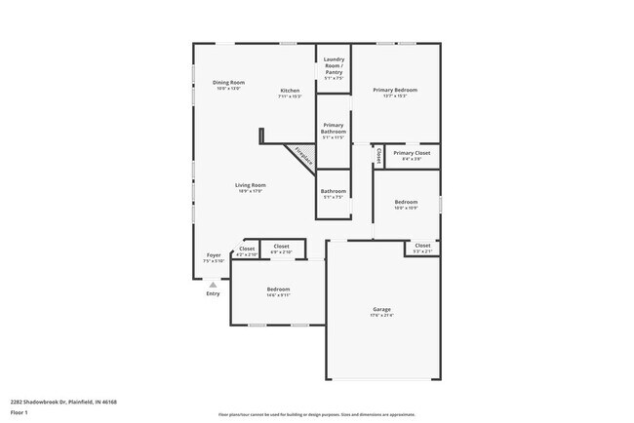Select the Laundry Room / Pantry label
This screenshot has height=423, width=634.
tap(334, 67)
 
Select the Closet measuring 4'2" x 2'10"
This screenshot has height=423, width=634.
tap(246, 250)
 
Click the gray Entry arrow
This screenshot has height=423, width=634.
tap(213, 284)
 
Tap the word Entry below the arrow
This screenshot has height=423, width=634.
tap(213, 293)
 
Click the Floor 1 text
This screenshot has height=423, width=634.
tap(20, 412)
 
